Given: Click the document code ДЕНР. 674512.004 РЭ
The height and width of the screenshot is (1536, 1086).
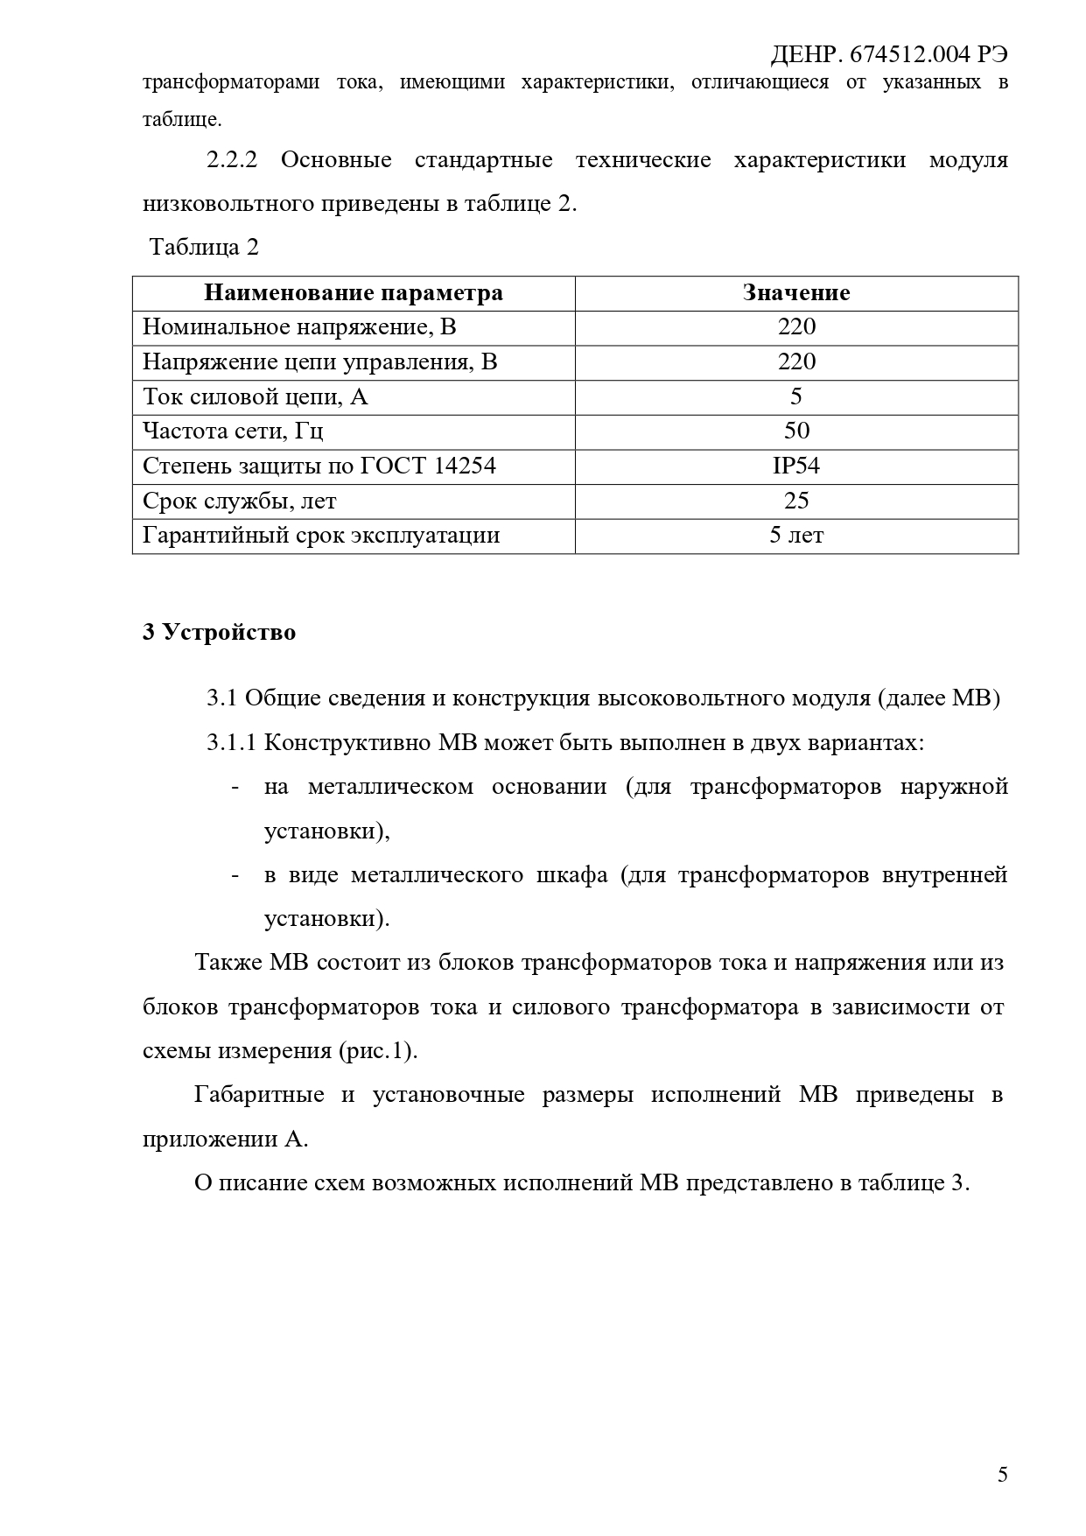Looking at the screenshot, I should pos(888,54).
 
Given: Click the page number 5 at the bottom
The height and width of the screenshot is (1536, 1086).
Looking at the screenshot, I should pos(1002,1475).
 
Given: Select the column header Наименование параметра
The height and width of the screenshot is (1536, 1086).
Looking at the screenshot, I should pos(354,292).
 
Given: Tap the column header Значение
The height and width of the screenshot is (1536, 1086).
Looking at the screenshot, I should pos(796,292).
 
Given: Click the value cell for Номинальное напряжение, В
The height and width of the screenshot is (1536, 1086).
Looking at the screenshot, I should pos(796,327).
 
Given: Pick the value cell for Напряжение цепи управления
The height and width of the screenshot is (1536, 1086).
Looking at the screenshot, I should pos(796,362).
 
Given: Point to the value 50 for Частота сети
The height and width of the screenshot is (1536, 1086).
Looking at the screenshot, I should pos(796,431).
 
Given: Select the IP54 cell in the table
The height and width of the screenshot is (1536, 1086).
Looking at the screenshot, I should pos(796,466).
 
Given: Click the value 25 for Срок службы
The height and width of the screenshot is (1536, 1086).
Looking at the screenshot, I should pos(796,501).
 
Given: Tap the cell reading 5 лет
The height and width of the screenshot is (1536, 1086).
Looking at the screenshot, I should pos(796,536).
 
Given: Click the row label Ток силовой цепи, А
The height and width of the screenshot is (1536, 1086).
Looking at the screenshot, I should pos(256,397).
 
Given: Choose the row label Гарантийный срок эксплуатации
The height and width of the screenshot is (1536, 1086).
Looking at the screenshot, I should pos(321,536).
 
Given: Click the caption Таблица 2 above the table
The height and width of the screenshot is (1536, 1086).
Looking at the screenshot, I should pos(204,248).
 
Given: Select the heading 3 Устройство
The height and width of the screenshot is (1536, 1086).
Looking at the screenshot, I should pos(219,632).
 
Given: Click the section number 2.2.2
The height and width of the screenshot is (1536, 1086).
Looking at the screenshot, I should pos(232,161).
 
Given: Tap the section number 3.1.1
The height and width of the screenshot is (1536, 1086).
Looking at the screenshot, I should pos(231,743).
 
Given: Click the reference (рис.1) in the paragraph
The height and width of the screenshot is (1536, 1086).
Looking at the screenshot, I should pos(377,1050).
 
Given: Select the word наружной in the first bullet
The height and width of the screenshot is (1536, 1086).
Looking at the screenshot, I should pos(954,787).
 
